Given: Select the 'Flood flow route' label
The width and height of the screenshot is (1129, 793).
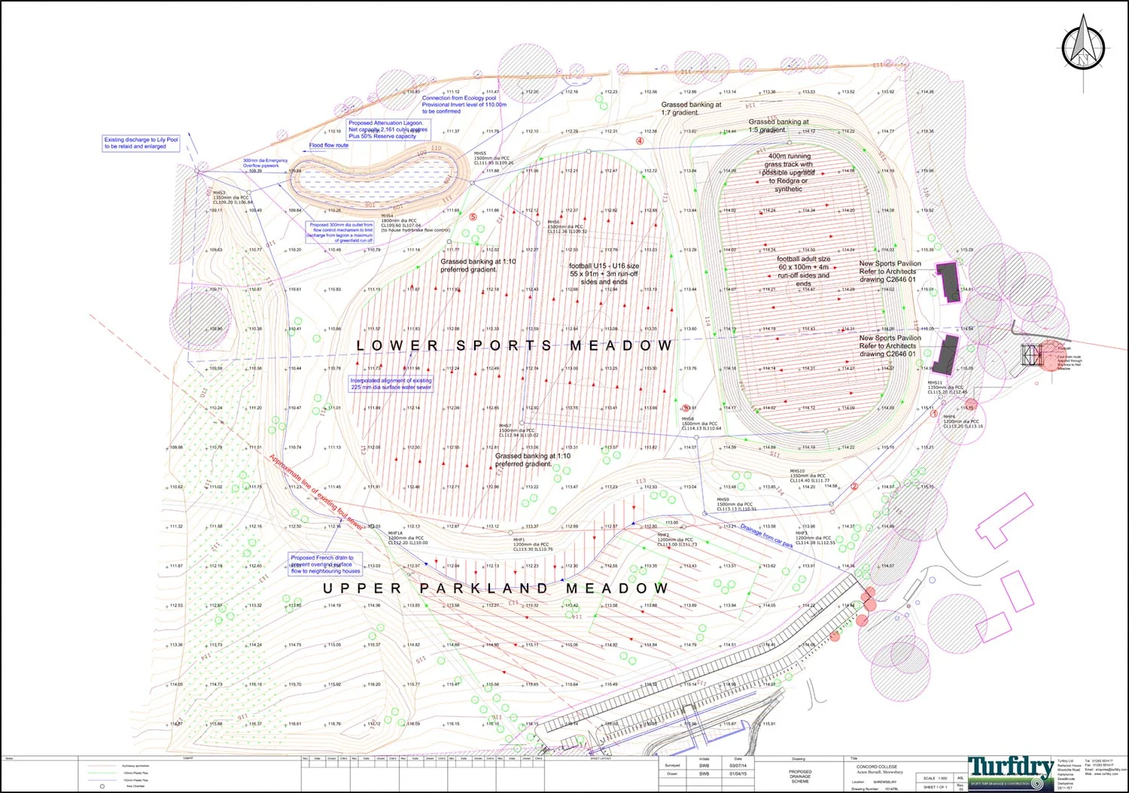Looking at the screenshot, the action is point(328,145).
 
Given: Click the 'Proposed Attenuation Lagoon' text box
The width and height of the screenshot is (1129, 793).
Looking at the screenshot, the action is point(387,129).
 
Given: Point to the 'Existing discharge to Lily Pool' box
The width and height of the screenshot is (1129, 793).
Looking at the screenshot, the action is point(142,143).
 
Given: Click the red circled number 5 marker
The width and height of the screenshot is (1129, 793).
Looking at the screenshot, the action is point(473,217).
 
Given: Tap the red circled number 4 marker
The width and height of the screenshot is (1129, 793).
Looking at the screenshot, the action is point(641,141).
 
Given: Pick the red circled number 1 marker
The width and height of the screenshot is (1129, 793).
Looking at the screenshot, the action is point(934,414).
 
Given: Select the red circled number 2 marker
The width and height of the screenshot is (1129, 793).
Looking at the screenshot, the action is point(854,487).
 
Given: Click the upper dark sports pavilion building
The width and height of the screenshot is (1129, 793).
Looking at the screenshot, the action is point(948,281).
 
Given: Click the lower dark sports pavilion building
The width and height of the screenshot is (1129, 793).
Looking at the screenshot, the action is point(946,354).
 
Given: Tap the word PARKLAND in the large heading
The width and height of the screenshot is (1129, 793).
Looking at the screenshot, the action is point(483,588).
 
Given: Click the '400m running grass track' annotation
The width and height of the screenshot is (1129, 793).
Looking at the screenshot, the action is point(789,172).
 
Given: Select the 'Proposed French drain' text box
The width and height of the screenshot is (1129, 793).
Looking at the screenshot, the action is point(325,564).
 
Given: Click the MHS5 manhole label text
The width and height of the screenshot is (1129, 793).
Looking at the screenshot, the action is point(480,153).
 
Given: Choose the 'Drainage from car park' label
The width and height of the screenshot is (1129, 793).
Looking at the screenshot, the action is point(766,535).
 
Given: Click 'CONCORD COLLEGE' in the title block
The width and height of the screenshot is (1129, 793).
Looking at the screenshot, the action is point(877,767).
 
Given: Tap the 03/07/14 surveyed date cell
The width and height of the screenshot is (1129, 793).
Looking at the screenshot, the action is point(738,766).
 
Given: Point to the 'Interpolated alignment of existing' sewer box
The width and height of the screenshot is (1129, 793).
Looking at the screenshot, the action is point(391,384).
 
